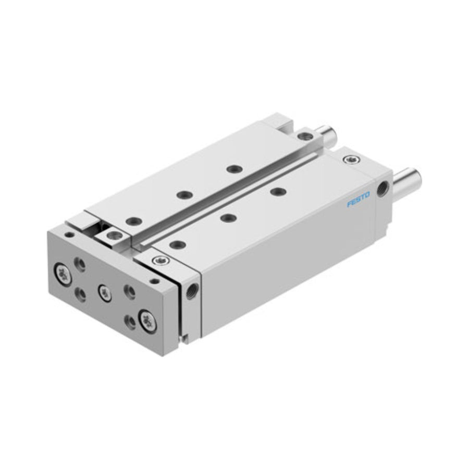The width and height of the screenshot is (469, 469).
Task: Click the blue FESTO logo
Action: (x=359, y=200)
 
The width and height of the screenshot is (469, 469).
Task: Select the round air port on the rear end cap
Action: (x=383, y=189)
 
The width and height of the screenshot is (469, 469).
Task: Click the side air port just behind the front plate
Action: (x=191, y=290)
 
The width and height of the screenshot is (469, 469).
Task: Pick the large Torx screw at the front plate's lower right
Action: (x=147, y=322)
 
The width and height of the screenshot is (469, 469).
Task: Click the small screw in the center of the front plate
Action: (x=104, y=292)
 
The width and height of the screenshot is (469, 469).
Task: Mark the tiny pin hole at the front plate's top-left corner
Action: (x=69, y=234)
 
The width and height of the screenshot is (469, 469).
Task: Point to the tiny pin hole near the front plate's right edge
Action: (x=155, y=281)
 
